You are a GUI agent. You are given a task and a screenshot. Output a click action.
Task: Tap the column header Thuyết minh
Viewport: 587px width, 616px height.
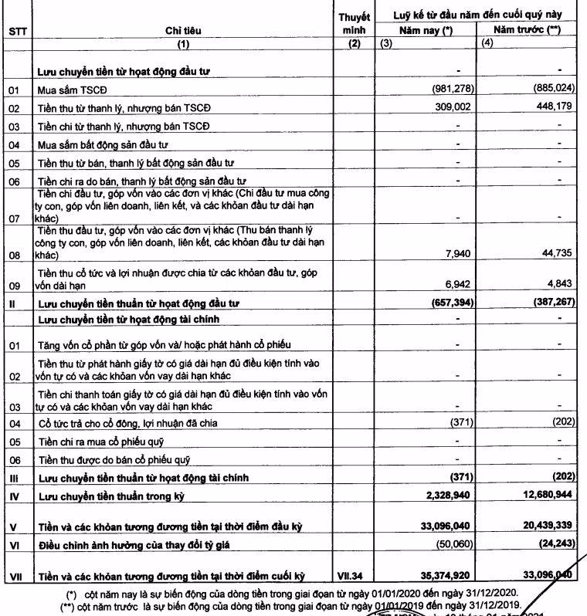355,23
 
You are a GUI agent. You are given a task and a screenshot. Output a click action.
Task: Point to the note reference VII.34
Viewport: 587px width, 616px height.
355,576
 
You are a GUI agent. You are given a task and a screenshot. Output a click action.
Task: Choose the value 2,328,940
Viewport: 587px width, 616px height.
439,492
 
